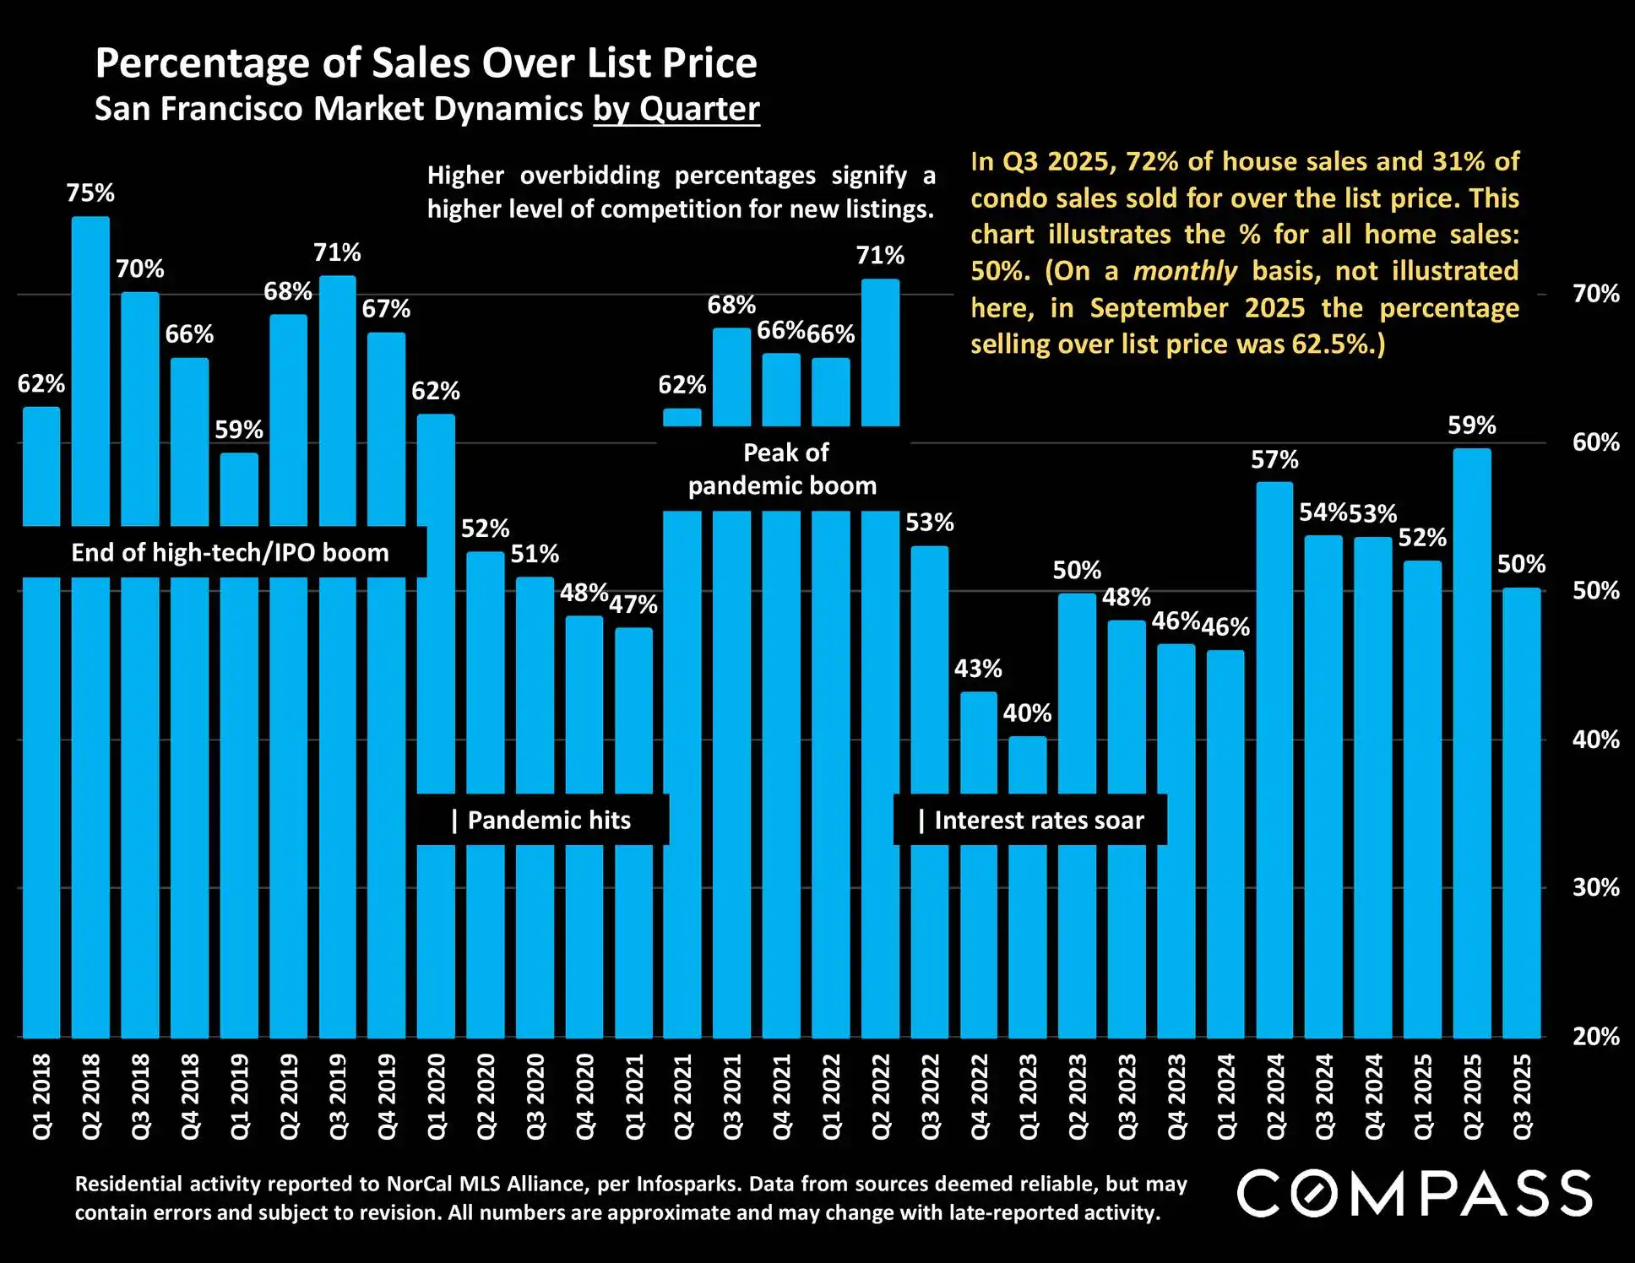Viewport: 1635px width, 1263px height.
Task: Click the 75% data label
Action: (90, 193)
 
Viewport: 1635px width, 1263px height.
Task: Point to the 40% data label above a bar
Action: (1027, 713)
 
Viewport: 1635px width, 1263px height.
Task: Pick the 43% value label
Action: (978, 669)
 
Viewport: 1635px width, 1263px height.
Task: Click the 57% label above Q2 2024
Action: (1274, 460)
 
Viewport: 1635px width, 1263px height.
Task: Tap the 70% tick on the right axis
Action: (1595, 294)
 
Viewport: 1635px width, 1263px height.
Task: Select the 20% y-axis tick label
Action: (1595, 1037)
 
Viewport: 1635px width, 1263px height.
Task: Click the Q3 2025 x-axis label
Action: (1522, 1096)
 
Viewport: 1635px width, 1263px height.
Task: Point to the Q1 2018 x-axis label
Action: (41, 1096)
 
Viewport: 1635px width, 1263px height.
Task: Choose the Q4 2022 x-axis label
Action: (979, 1096)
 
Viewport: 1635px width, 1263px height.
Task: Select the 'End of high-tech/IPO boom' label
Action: (230, 553)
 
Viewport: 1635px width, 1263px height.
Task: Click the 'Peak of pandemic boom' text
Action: (784, 469)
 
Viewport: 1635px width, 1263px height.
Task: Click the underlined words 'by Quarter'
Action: (676, 110)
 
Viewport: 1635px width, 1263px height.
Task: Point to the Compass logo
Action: (1415, 1193)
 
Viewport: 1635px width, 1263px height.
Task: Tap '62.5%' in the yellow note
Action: (1329, 344)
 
